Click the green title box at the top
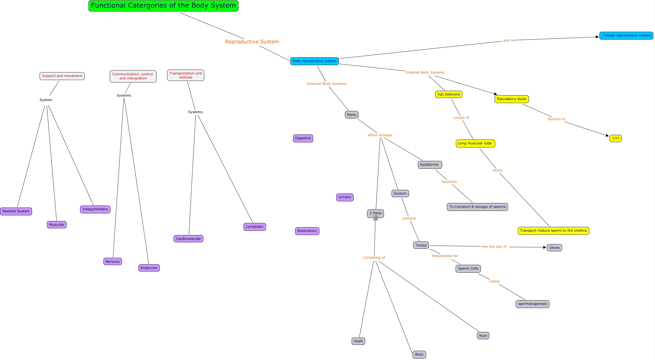click(163, 6)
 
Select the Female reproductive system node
click(626, 36)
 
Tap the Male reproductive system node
click(314, 61)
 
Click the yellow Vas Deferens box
click(449, 94)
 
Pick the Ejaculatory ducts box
click(511, 99)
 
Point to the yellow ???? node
click(615, 139)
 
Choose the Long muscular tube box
click(475, 143)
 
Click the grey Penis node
click(351, 115)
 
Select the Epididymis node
click(429, 165)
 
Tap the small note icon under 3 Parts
click(376, 218)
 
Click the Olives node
click(554, 248)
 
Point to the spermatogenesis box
click(532, 304)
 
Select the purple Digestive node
click(303, 138)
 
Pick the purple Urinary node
click(345, 197)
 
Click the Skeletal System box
click(16, 211)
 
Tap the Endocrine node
click(149, 268)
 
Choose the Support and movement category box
click(62, 76)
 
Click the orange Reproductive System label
click(252, 42)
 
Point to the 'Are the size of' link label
click(494, 247)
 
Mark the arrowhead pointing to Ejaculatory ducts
click(495, 94)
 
